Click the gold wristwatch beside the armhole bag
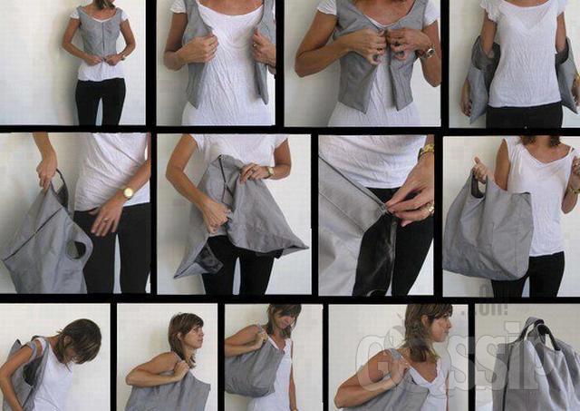[x=129, y=192]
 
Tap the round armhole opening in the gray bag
[x=76, y=250]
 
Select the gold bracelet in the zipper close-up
[x=426, y=151]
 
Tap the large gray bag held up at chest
[x=489, y=231]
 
